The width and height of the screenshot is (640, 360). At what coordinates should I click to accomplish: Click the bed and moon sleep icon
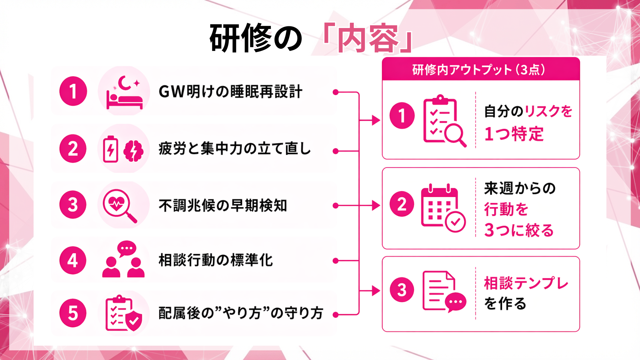[x=124, y=92]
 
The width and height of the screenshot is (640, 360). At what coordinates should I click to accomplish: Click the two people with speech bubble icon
[x=123, y=260]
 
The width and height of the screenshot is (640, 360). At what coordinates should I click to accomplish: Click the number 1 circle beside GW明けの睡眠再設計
[x=73, y=91]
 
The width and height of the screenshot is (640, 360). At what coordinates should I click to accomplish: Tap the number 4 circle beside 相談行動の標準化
[x=73, y=260]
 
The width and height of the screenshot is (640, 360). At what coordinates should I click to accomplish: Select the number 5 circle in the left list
[x=73, y=313]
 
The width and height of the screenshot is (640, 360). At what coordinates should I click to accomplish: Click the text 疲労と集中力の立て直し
[x=235, y=149]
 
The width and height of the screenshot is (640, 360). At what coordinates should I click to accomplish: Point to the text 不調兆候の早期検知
[x=223, y=206]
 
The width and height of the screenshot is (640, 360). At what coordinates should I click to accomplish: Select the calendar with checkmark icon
[x=443, y=208]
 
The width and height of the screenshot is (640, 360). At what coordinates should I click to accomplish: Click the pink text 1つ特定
[x=514, y=134]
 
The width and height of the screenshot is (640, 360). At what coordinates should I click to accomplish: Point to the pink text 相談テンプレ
[x=526, y=283]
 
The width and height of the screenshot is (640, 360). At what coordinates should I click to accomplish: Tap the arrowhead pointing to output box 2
[x=376, y=206]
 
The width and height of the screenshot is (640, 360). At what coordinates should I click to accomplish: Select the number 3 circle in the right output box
[x=402, y=290]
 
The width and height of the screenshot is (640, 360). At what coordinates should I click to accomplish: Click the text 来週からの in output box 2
[x=520, y=188]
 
